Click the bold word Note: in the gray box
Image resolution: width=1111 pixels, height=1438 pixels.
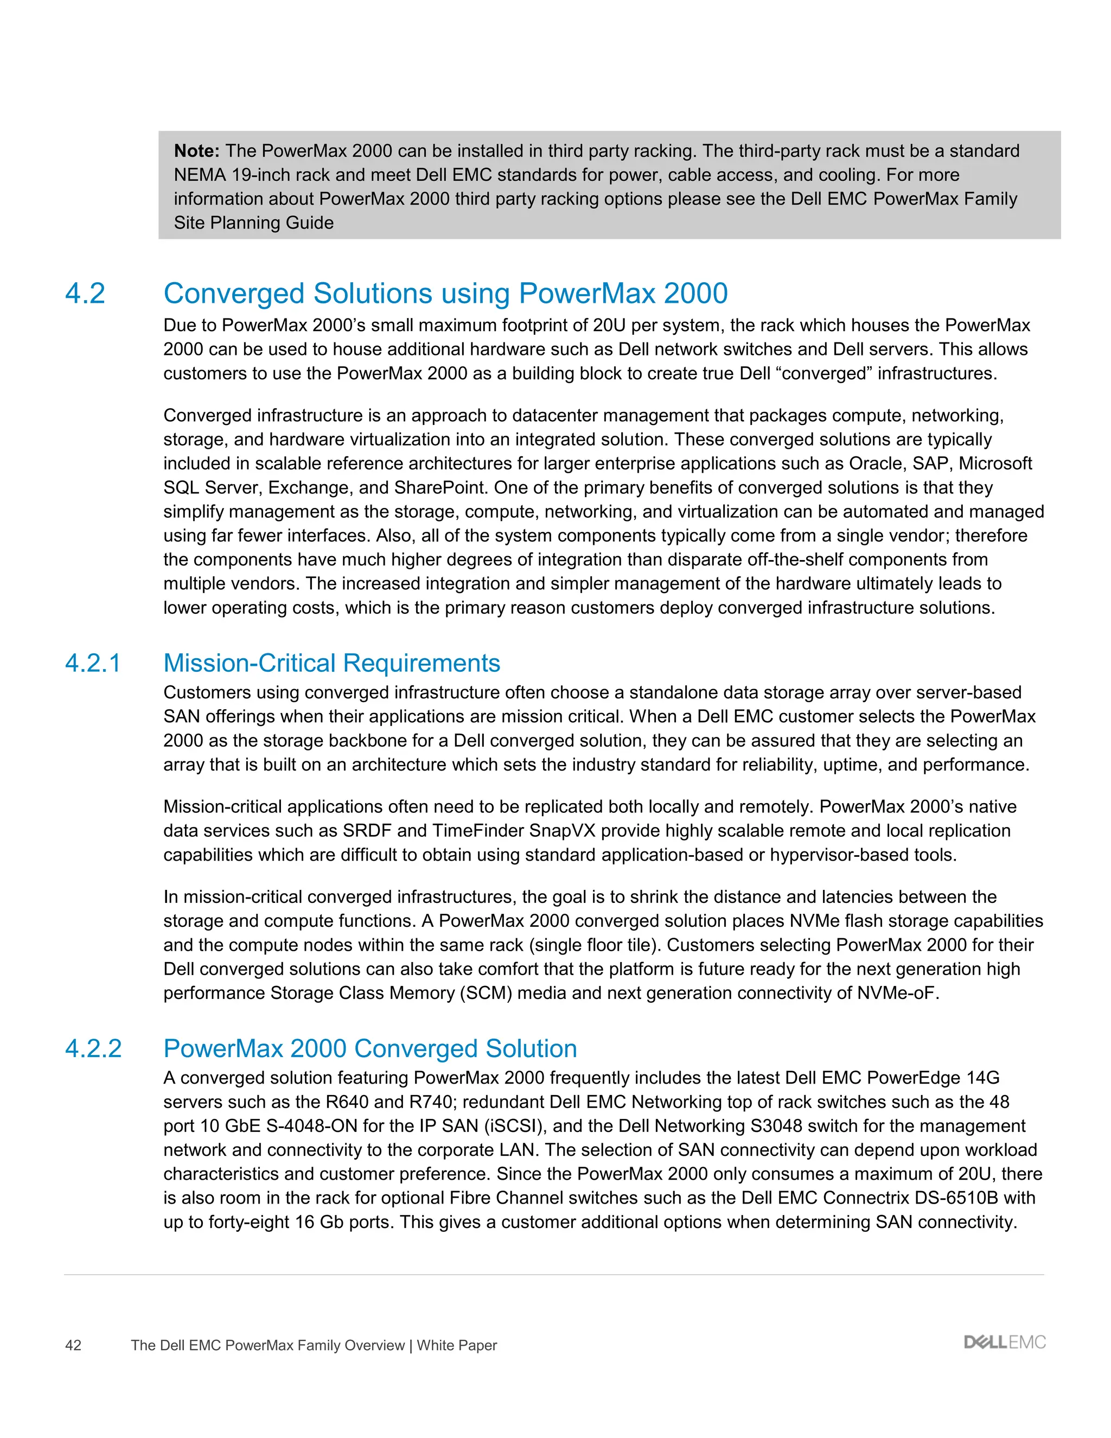(x=196, y=151)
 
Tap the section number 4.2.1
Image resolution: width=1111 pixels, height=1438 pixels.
(x=93, y=663)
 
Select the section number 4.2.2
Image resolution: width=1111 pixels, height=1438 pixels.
(x=93, y=1048)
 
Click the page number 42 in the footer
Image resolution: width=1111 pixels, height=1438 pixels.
(x=73, y=1345)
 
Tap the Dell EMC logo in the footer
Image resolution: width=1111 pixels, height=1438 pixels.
(x=1004, y=1342)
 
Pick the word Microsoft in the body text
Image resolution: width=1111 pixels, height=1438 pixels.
(x=995, y=463)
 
